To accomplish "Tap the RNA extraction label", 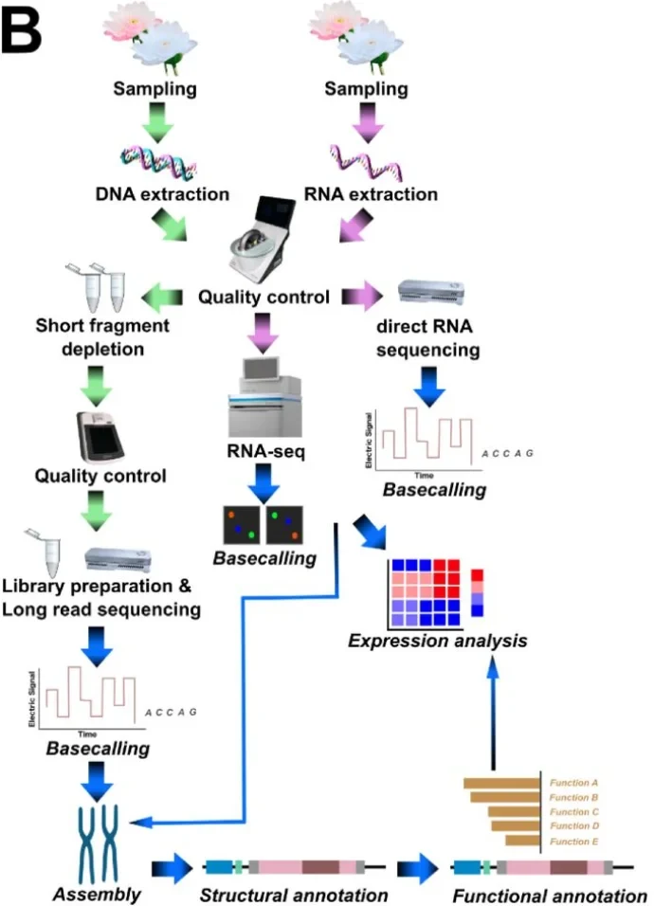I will [371, 194].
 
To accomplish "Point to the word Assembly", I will [96, 893].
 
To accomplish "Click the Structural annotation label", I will [294, 894].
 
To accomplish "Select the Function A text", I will [573, 783].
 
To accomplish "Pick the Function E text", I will [573, 841].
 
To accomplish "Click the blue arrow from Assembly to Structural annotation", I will [172, 865].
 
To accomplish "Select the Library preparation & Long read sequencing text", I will [101, 598].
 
